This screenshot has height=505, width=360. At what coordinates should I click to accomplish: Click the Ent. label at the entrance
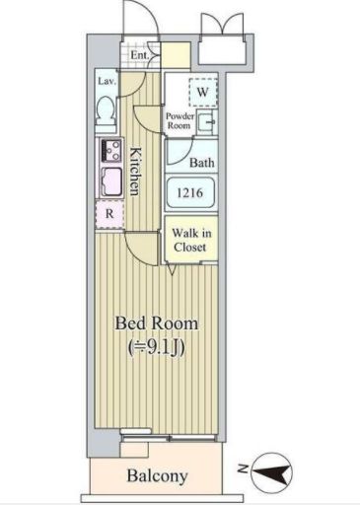139,56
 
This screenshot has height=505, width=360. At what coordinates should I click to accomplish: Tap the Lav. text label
107,81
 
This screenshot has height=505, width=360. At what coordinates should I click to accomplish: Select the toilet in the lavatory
107,113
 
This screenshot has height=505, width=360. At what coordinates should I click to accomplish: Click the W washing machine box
202,92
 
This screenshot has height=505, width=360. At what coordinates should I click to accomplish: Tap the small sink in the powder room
207,124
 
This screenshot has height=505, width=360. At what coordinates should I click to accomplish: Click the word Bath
202,163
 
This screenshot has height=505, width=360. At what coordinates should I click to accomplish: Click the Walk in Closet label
190,240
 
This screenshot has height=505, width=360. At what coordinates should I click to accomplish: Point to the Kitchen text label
137,171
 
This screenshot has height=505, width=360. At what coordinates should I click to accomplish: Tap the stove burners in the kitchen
107,152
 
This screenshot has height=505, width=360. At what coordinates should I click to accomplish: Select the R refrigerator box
108,213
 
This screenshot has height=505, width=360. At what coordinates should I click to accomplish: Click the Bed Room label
157,324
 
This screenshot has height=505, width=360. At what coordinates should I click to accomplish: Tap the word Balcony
157,476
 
